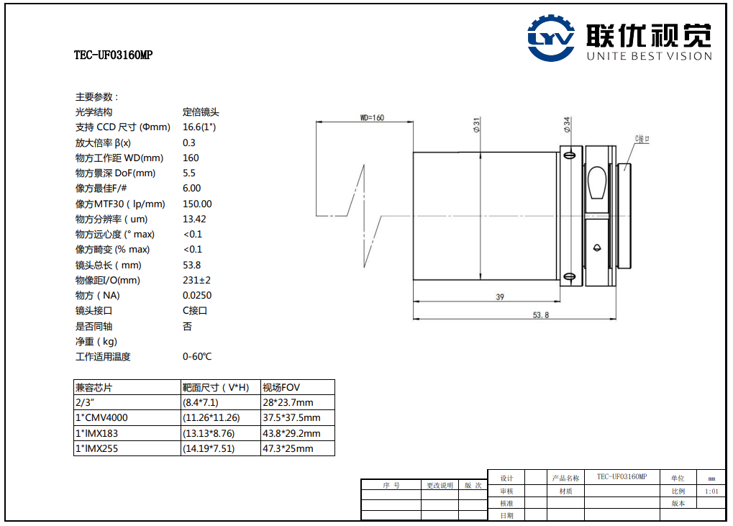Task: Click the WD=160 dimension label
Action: (x=372, y=117)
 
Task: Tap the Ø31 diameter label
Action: (x=476, y=124)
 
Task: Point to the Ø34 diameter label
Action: (x=567, y=124)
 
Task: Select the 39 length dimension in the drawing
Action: (x=500, y=297)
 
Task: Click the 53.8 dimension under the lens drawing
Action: (x=540, y=315)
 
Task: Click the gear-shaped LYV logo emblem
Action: (x=551, y=38)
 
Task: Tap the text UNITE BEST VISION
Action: (x=650, y=56)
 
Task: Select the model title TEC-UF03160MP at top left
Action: (x=114, y=55)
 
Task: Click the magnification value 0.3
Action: (x=189, y=142)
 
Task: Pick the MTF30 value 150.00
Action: (x=197, y=204)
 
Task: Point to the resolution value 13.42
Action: (x=194, y=219)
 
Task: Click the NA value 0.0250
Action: (x=197, y=296)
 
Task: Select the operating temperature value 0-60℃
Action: (x=197, y=357)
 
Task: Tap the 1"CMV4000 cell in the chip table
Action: (x=101, y=417)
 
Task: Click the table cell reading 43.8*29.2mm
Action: (x=291, y=433)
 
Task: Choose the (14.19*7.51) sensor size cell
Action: (x=209, y=449)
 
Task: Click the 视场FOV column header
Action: (x=281, y=388)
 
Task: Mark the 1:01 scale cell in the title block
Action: (x=711, y=491)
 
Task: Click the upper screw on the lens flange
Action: (x=570, y=155)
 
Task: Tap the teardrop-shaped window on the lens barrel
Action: (x=597, y=182)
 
